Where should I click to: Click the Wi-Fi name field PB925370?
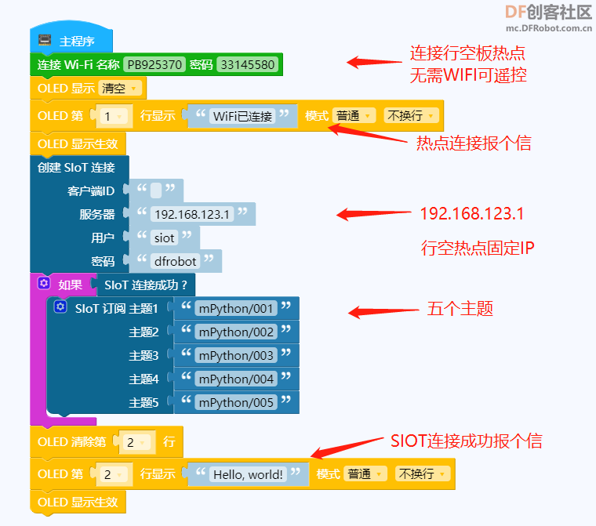click(x=154, y=64)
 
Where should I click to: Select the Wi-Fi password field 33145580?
click(x=248, y=64)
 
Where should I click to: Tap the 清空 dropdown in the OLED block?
click(x=119, y=88)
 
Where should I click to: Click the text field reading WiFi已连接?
click(x=242, y=116)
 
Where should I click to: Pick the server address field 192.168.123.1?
click(x=192, y=214)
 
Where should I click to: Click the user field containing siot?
click(x=164, y=238)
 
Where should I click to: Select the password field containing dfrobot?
click(x=175, y=262)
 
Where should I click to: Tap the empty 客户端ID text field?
click(x=156, y=190)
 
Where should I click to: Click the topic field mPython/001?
click(x=236, y=309)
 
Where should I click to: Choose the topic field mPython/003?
click(x=236, y=356)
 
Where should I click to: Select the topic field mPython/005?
click(x=236, y=402)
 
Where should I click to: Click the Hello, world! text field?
click(x=248, y=474)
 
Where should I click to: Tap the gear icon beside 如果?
click(x=44, y=283)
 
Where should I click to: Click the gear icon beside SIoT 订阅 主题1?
click(x=60, y=307)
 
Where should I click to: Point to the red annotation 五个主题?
click(x=460, y=309)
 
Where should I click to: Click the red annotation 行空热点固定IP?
click(x=478, y=248)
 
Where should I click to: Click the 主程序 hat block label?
click(x=77, y=41)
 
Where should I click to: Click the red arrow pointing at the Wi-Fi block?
click(x=374, y=62)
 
